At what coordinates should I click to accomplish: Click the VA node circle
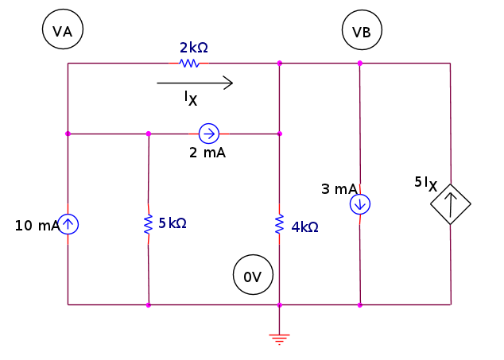(63, 31)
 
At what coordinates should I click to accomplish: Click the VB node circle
(362, 31)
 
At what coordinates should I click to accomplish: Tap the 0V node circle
(253, 277)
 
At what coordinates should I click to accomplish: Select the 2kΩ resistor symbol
(189, 63)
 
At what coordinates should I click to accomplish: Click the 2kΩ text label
(193, 48)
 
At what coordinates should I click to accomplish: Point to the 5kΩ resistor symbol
(148, 225)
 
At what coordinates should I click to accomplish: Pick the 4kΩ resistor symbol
(279, 224)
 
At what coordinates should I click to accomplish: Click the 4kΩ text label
(304, 226)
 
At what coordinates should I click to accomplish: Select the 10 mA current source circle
(68, 224)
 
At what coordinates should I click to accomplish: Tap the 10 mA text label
(37, 226)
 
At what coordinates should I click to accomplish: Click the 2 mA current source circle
(208, 133)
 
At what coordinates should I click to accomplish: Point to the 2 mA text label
(207, 153)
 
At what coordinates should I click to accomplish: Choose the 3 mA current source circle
(360, 204)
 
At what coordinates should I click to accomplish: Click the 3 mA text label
(339, 189)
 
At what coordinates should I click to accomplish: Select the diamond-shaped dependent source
(451, 204)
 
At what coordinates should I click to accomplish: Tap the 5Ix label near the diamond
(425, 184)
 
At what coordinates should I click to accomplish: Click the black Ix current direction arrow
(195, 82)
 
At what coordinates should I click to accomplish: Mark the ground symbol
(279, 338)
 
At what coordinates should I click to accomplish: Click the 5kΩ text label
(172, 223)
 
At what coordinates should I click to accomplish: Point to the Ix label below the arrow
(190, 99)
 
